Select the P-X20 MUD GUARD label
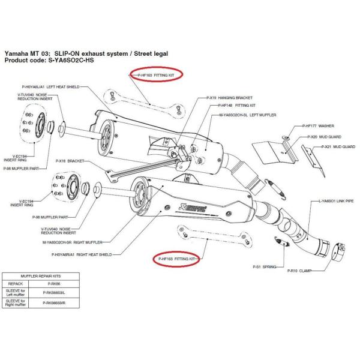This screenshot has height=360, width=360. (x=317, y=137)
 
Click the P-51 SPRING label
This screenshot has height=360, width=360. (x=264, y=266)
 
